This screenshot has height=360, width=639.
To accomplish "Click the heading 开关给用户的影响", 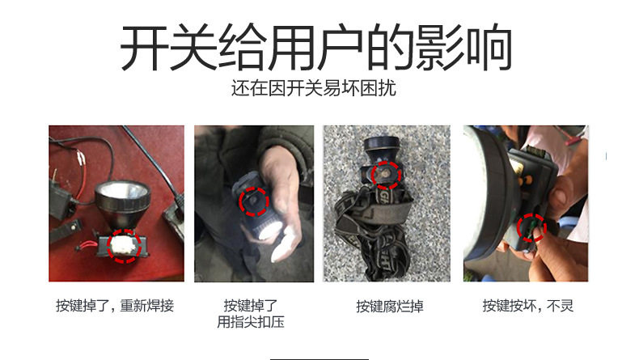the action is (x=315, y=47).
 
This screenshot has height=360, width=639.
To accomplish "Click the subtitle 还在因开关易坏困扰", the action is (x=313, y=88).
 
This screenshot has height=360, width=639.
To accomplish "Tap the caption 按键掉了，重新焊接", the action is (x=115, y=305).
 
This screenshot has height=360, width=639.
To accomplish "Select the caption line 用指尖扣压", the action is (x=250, y=322).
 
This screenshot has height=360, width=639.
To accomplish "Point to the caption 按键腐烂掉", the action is (x=390, y=306).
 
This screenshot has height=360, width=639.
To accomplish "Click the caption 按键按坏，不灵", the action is (x=527, y=305).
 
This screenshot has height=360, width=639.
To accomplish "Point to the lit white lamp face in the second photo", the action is (x=269, y=232).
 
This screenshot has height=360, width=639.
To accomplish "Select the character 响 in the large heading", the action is (x=489, y=48).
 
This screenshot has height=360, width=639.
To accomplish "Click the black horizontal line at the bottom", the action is (x=319, y=359).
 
